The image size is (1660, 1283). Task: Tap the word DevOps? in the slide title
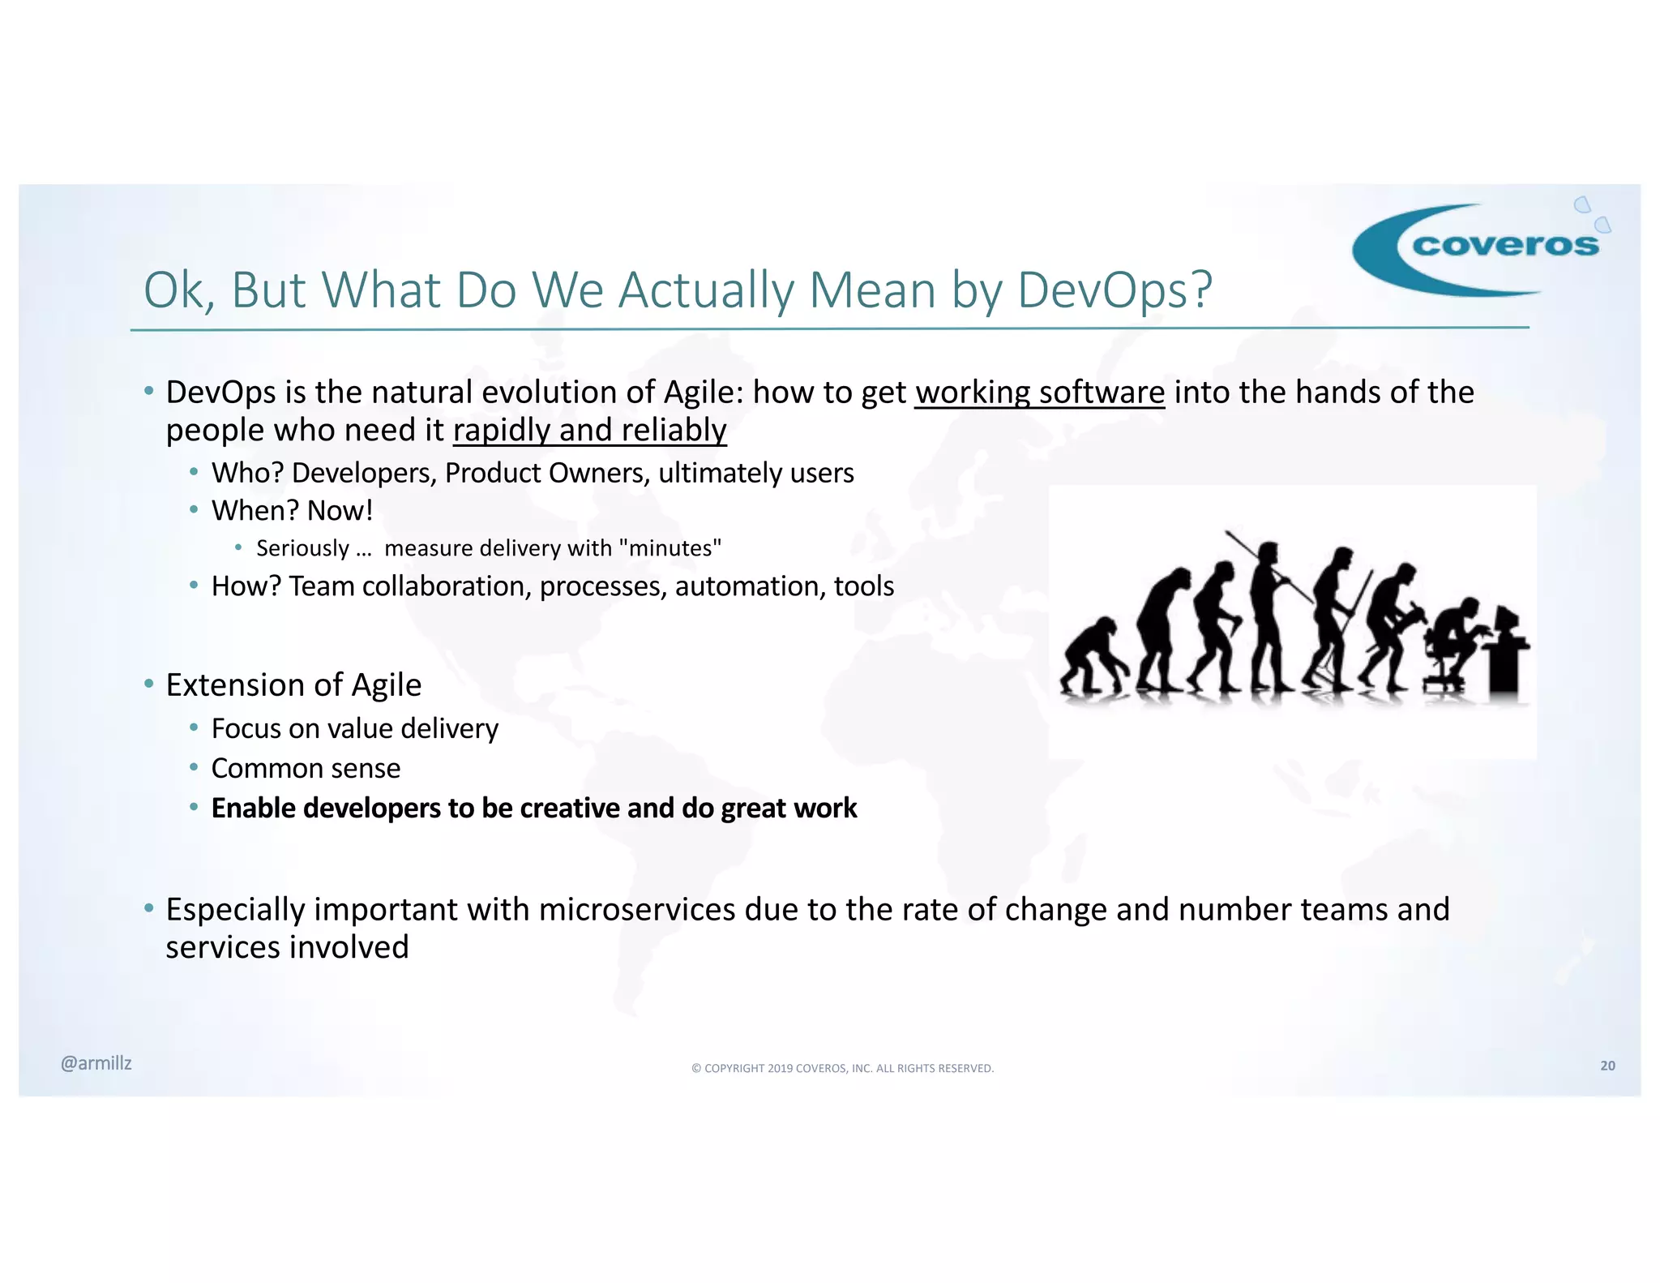pos(1115,290)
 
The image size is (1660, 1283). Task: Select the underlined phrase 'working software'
pos(1039,393)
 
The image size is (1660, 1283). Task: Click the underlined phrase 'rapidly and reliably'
pos(589,430)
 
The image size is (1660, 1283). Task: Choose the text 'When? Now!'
pos(292,511)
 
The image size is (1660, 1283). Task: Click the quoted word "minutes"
pos(670,548)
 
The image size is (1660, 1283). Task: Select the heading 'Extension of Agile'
pos(293,685)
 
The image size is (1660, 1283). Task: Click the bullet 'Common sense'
pos(306,768)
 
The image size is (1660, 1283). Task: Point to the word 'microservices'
pos(636,910)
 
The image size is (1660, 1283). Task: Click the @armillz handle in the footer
pos(96,1063)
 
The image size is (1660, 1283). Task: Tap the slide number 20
pos(1607,1066)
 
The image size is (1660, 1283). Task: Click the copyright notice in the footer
pos(842,1068)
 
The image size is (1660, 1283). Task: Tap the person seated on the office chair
pos(1455,641)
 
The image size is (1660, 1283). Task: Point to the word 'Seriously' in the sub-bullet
pos(302,548)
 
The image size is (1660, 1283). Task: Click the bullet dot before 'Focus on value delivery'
pos(194,727)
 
